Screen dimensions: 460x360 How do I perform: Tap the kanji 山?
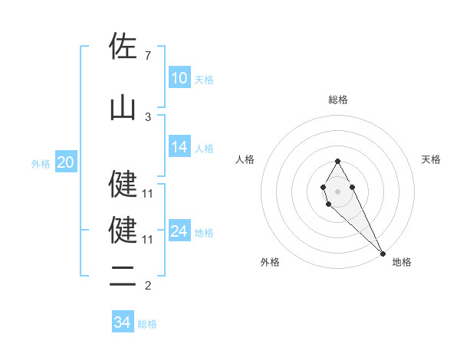click(123, 107)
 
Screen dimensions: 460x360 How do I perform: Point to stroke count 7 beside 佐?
click(147, 56)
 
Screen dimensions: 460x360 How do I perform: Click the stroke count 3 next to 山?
click(147, 116)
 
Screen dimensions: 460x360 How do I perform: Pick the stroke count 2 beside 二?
click(147, 286)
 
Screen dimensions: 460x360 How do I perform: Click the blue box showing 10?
click(179, 78)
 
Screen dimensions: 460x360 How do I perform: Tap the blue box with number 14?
click(179, 148)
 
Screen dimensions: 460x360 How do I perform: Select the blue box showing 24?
click(179, 231)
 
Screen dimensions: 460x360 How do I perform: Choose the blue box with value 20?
click(66, 162)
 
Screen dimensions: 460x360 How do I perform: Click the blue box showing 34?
click(123, 322)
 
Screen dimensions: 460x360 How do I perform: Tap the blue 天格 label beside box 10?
click(204, 79)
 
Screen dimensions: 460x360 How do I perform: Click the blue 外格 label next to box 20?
click(41, 163)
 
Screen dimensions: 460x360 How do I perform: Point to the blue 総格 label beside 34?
click(147, 323)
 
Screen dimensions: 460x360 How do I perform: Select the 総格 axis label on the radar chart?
click(338, 100)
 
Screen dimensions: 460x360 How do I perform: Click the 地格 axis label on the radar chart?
click(402, 262)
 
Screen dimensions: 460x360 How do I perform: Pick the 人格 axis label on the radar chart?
click(245, 159)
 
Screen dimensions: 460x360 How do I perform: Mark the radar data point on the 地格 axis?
click(383, 253)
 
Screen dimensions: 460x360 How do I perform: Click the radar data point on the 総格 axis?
click(338, 161)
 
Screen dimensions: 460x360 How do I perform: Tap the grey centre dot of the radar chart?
click(338, 191)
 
